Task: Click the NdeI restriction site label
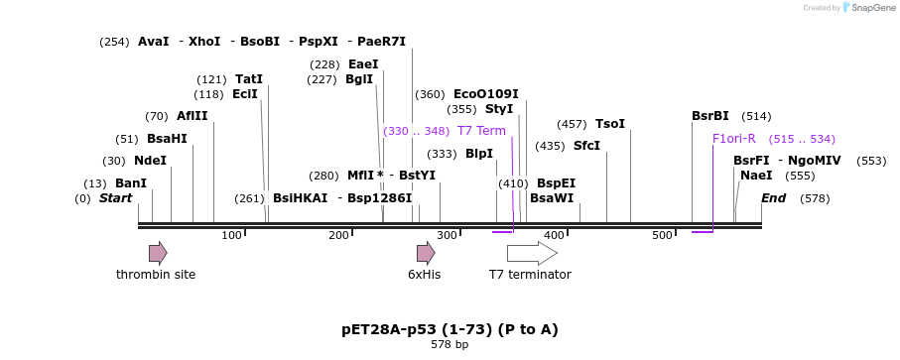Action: point(150,161)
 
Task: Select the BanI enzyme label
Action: point(131,183)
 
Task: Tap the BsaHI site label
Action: point(167,139)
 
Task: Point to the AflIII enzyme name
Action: point(193,116)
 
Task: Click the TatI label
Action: point(249,79)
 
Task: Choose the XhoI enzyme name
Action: point(204,42)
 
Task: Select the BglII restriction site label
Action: point(359,79)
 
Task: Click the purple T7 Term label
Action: point(481,131)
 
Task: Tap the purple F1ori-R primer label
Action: point(734,139)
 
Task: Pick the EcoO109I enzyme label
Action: point(486,94)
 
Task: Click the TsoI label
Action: point(610,124)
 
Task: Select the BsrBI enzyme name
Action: point(710,116)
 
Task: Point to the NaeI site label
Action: point(756,176)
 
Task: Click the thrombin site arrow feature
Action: point(158,253)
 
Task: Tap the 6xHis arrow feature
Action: point(426,253)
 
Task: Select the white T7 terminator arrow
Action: point(532,253)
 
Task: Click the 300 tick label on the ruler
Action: point(447,235)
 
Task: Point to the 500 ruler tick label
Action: point(662,235)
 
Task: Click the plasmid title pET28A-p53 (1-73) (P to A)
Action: point(450,329)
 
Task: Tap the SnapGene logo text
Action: point(867,8)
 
